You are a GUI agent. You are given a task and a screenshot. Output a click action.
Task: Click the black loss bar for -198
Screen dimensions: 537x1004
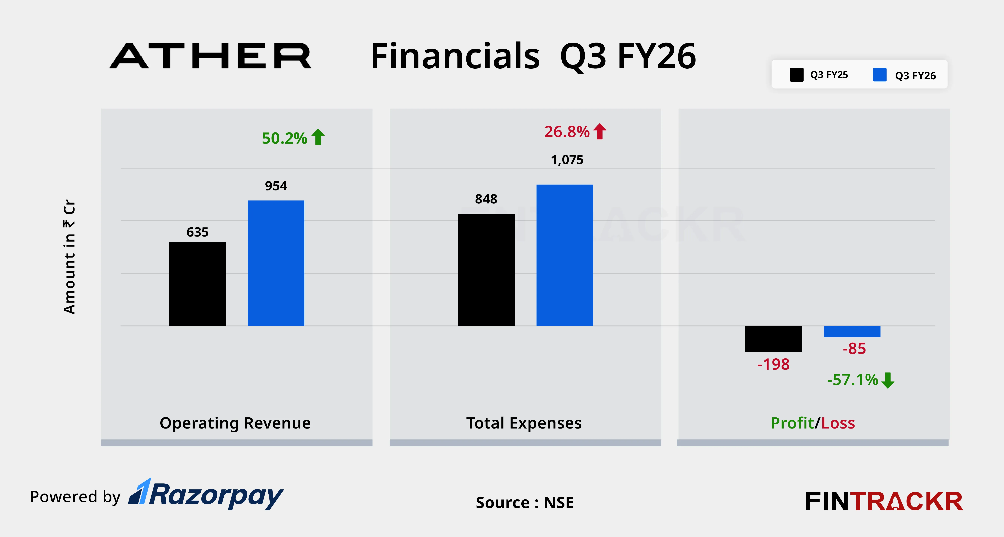[773, 339]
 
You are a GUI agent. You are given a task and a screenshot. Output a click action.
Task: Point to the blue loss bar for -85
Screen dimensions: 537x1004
[852, 331]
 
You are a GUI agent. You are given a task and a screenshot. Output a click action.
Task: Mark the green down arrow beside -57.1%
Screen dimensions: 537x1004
[888, 380]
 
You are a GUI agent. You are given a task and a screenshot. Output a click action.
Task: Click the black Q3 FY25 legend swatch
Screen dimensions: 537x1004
[796, 75]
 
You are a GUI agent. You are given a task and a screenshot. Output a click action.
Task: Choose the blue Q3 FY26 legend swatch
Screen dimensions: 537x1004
[880, 75]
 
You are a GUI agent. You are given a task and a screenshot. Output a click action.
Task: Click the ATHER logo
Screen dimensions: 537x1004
[210, 56]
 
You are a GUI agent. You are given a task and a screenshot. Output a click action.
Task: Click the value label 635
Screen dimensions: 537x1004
[197, 232]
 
